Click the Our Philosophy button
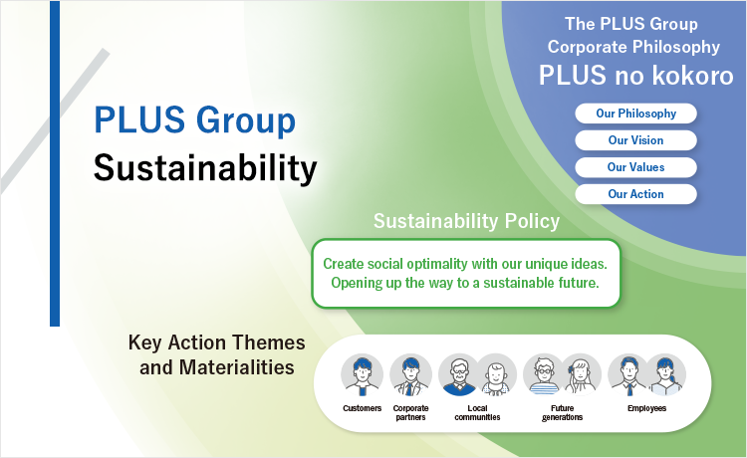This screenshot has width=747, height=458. [635, 114]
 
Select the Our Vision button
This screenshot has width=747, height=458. [635, 140]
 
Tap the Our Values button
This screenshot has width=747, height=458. [635, 167]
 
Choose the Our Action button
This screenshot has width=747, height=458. [635, 194]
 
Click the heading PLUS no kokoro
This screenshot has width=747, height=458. [636, 76]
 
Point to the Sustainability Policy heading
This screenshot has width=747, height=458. [466, 221]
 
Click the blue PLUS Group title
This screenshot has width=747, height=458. [195, 120]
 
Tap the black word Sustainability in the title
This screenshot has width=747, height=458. [205, 168]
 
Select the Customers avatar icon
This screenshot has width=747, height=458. [363, 375]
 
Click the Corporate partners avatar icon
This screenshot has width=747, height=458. [410, 375]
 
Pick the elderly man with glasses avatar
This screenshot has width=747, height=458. [459, 375]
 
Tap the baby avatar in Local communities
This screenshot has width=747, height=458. [496, 375]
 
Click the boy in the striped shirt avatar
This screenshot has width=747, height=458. [544, 375]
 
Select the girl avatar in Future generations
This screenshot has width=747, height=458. [581, 375]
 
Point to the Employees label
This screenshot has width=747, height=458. [646, 408]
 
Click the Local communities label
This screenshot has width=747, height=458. [477, 413]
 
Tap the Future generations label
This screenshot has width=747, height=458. [562, 413]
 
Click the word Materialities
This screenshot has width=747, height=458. [237, 367]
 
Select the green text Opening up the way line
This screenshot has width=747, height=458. [465, 283]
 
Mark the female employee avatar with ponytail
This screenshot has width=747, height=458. [665, 375]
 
